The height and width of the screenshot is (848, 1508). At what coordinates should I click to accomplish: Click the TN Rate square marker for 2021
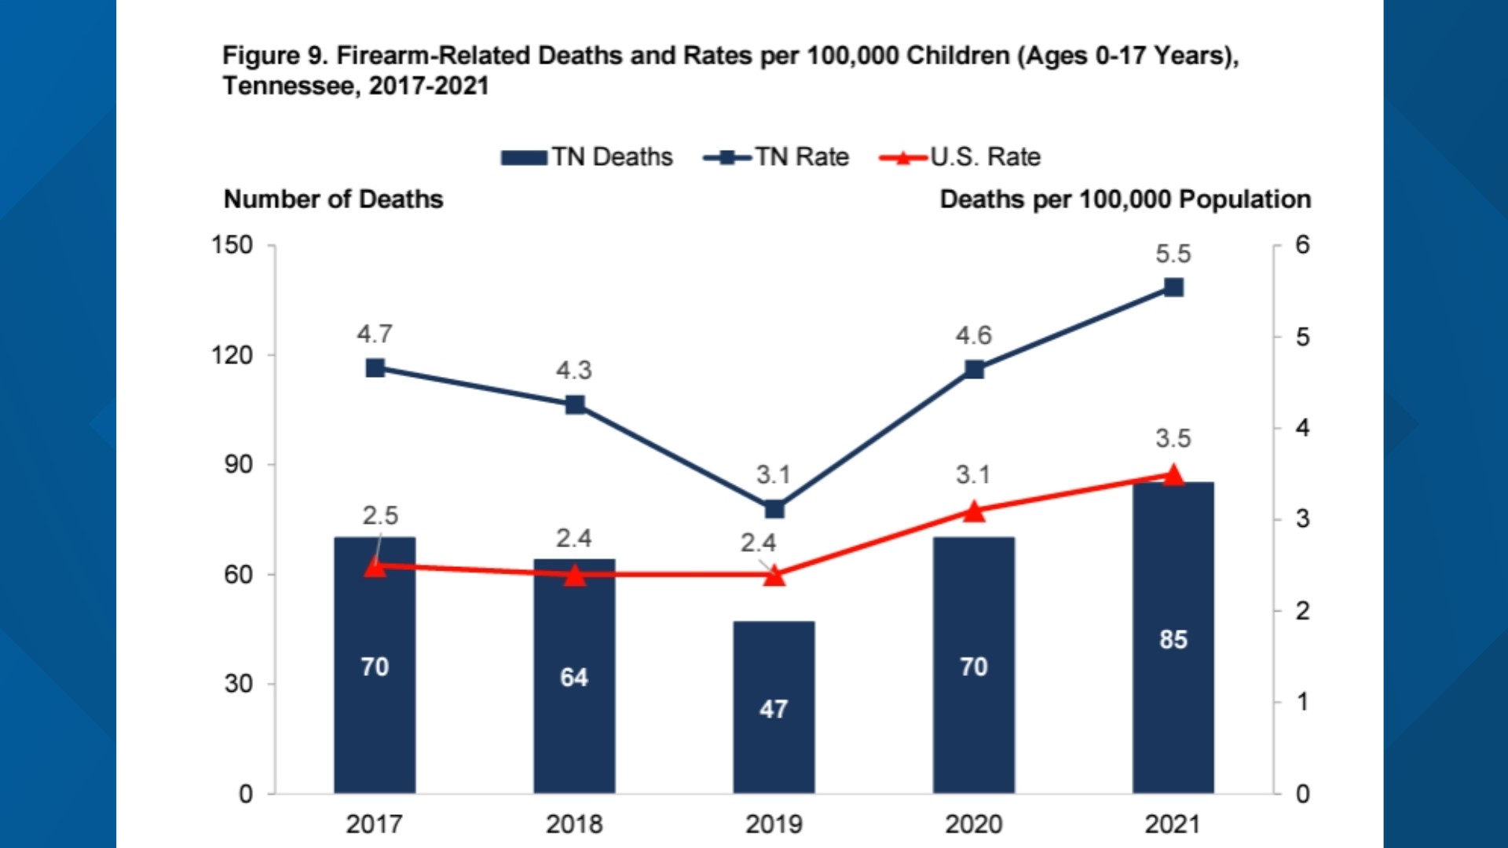[1173, 287]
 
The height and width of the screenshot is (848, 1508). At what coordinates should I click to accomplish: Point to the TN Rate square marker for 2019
[774, 509]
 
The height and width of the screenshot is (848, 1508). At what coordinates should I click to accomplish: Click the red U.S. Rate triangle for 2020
[974, 512]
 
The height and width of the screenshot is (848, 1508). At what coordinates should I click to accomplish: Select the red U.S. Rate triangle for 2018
[575, 576]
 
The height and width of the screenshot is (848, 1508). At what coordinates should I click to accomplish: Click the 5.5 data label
[1173, 254]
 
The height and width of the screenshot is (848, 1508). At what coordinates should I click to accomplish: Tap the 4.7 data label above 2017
[375, 334]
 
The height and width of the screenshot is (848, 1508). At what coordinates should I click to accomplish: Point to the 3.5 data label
[1173, 438]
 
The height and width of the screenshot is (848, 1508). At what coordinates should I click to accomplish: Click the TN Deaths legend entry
[587, 157]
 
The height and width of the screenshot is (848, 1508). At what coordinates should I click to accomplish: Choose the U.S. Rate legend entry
[961, 157]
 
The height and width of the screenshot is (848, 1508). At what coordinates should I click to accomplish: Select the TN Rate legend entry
[777, 157]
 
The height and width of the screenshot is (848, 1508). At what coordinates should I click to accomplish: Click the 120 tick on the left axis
[232, 355]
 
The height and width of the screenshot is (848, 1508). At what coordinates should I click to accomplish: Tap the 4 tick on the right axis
[1302, 428]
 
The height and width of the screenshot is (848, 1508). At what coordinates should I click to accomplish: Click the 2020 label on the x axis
[973, 824]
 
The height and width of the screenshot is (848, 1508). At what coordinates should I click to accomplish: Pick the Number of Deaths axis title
[333, 199]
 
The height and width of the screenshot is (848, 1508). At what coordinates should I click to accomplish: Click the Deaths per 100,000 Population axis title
[1125, 199]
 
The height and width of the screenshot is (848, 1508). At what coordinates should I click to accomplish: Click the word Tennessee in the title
[287, 86]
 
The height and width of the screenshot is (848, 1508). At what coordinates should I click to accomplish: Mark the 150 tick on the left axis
[232, 245]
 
